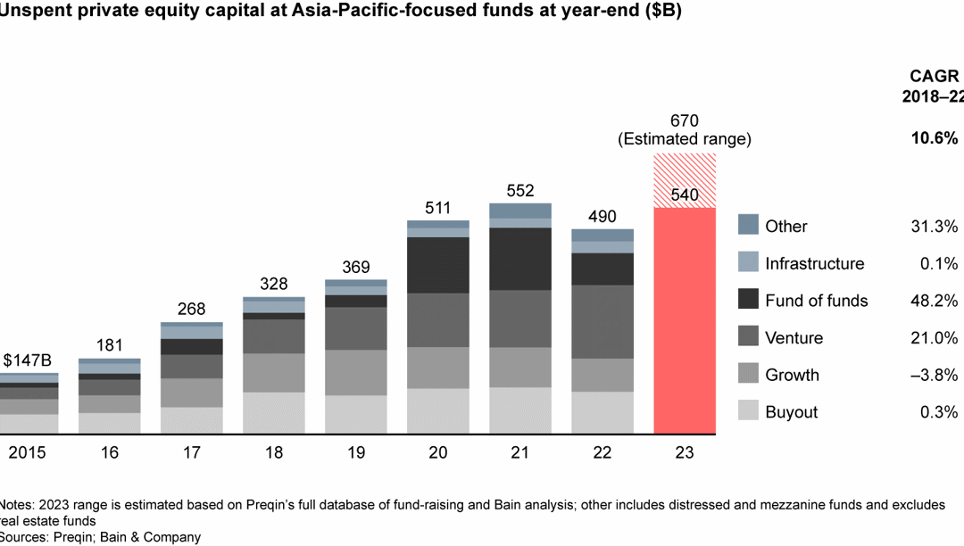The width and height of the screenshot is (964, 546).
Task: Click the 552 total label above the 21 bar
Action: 519,190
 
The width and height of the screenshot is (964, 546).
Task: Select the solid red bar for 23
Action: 685,321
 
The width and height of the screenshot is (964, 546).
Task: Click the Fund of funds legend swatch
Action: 749,300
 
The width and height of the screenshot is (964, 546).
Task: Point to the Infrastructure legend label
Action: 814,263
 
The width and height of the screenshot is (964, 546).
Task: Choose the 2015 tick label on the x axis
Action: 28,452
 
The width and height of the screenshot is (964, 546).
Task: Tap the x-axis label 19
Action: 355,452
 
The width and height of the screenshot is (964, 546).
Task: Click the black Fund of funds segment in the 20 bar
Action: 437,265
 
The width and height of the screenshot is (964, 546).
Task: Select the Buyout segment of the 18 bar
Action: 273,413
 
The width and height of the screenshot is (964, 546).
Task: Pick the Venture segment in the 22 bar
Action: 602,321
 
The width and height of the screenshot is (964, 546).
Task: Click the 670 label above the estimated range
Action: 684,120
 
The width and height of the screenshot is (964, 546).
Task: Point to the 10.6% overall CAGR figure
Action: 935,138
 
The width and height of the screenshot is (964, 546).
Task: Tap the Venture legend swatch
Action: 749,337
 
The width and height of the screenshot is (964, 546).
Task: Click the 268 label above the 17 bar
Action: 191,310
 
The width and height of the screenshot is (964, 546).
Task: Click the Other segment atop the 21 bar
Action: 519,211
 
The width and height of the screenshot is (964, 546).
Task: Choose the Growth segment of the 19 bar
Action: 355,372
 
